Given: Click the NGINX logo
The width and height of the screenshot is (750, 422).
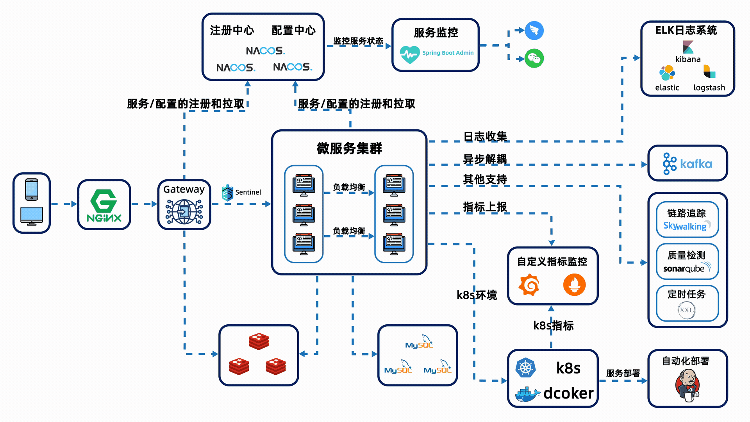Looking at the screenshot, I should click(x=104, y=205).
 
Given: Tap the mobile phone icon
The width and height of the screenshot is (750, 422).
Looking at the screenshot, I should click(x=32, y=190).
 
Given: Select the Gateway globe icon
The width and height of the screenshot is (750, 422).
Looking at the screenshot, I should click(x=184, y=211).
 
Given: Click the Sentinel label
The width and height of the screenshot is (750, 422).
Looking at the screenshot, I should click(x=248, y=192).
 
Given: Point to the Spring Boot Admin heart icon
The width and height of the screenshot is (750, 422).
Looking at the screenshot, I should click(x=409, y=54).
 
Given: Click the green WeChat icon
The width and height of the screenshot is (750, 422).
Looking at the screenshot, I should click(x=534, y=59).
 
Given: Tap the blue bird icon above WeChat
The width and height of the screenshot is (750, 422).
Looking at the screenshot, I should click(x=534, y=30).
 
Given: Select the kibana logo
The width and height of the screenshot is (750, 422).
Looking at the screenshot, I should click(x=688, y=47).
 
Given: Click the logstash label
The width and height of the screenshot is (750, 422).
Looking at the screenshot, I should click(x=709, y=88).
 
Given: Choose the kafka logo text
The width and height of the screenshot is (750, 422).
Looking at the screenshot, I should click(x=696, y=164).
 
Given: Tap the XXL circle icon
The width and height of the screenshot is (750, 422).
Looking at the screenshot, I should click(x=686, y=310).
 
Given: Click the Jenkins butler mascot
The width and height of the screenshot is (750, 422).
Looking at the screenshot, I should click(x=687, y=385).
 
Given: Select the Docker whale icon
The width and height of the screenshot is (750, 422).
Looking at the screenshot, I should click(x=527, y=394).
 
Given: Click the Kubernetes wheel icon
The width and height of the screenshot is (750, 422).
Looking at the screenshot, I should click(x=525, y=368).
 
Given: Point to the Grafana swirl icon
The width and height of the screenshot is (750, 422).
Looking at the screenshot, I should click(x=529, y=285).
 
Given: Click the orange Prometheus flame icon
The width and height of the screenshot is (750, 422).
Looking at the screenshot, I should click(x=574, y=285).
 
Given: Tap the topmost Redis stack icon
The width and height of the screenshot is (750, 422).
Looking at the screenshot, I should click(x=259, y=341).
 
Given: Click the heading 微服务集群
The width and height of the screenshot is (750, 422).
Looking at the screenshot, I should click(x=349, y=148).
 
